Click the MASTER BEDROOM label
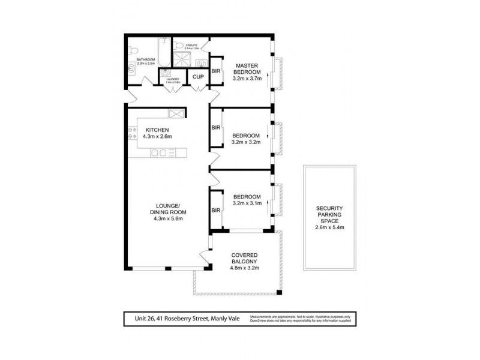[246, 69]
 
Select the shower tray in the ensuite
[181, 58]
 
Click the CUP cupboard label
[197, 77]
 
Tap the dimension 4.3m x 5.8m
[168, 218]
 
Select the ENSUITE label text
[191, 44]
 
